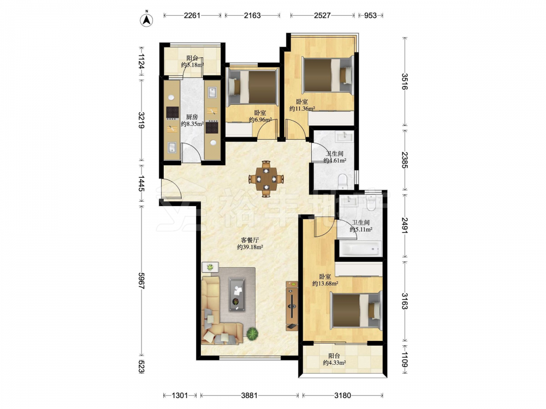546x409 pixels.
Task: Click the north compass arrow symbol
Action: click(146, 20)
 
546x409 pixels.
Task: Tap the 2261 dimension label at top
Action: click(192, 15)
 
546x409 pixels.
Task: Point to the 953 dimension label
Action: click(370, 15)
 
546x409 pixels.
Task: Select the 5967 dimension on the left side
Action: click(141, 281)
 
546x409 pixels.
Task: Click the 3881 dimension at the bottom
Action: click(249, 395)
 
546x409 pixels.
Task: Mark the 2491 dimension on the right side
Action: click(404, 226)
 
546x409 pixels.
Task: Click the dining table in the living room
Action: click(266, 179)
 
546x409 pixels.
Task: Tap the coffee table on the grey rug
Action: click(237, 294)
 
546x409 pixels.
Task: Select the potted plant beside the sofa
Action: click(252, 334)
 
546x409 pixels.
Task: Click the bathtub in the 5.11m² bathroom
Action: click(360, 249)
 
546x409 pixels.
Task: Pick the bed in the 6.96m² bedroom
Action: click(252, 87)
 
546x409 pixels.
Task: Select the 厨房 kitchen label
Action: click(192, 117)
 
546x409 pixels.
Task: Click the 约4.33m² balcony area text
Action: click(334, 363)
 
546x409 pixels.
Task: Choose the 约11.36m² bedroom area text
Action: click(302, 109)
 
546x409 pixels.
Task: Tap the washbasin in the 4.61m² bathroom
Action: click(344, 137)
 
